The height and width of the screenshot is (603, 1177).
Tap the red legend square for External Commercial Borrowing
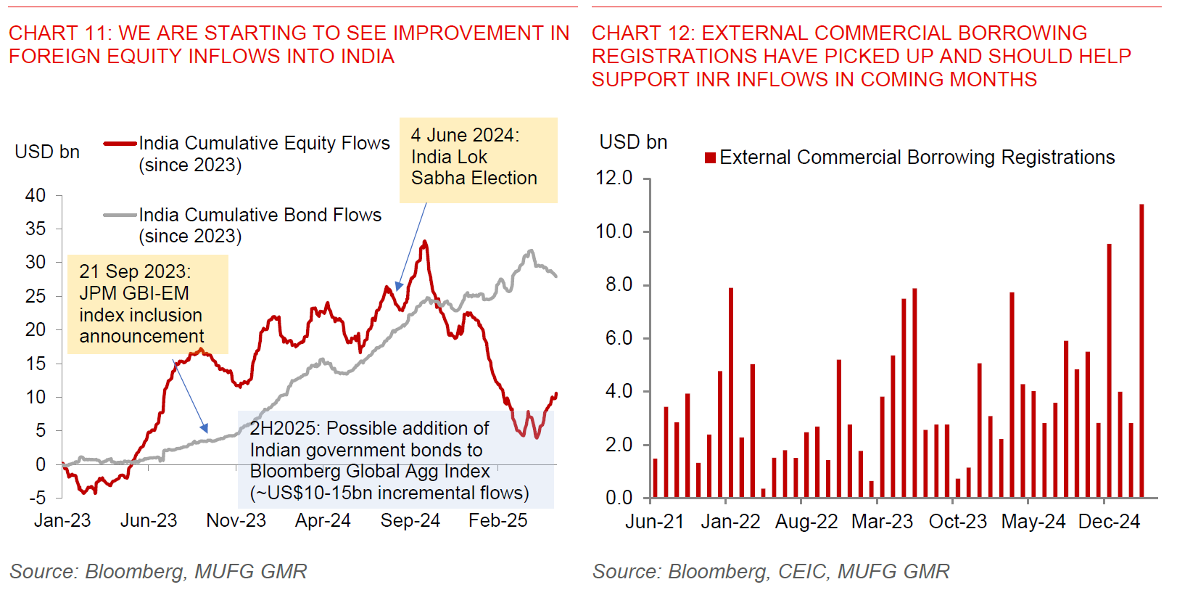(x=711, y=157)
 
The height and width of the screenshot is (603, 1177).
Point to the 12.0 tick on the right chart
(x=614, y=178)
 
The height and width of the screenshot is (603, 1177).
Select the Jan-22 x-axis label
(x=730, y=522)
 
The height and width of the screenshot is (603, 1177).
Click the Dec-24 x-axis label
(x=1109, y=522)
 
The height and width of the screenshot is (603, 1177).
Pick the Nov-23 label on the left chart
(x=236, y=520)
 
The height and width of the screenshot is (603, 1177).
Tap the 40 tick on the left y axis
(x=36, y=195)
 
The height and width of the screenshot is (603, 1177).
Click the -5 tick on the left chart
(x=38, y=498)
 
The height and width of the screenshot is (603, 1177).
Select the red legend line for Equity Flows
(x=120, y=144)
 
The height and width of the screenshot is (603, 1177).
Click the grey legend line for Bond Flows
(x=120, y=216)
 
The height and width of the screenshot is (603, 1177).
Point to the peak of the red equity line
(x=425, y=242)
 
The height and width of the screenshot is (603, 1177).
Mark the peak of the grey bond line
(x=531, y=251)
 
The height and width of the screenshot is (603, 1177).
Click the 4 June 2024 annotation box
(x=478, y=160)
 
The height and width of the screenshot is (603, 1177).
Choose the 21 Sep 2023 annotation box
(x=147, y=304)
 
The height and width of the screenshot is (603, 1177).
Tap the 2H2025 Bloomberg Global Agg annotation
(x=395, y=460)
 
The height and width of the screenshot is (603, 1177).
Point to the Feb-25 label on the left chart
(x=497, y=520)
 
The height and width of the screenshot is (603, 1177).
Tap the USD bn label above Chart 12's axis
(x=633, y=142)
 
